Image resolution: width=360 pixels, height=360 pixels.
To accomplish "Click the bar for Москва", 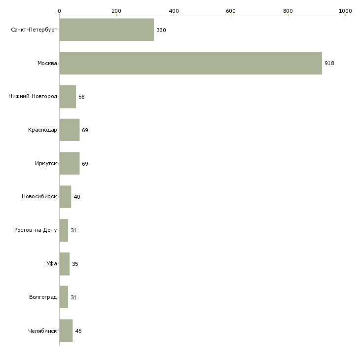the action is pos(190,63).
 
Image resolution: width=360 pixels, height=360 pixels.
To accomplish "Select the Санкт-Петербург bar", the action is pos(107,30).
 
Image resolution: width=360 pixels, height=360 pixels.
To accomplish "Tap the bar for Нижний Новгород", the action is pos(68,97).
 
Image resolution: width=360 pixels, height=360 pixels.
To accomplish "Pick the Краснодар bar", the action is pos(70,130).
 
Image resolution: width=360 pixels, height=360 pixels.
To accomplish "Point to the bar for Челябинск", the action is pos(66,330).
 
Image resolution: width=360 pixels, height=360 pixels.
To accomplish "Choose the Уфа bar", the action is pos(65,264).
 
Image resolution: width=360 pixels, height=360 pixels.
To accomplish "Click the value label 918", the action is pos(329,63).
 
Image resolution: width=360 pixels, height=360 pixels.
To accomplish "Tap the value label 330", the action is pos(161,30).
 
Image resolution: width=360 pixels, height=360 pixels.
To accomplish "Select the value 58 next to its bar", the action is pos(81,97).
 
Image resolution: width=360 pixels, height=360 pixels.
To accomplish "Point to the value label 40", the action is pos(77,197).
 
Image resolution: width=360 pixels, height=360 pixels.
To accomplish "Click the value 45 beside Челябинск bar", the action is pos(78,331).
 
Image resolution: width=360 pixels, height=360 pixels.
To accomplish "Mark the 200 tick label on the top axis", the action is pos(116,11).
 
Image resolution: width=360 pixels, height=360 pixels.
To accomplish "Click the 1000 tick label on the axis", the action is pos(345,11).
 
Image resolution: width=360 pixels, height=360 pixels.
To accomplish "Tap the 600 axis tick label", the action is pos(231,11).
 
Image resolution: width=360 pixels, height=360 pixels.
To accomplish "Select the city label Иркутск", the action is pos(46,163).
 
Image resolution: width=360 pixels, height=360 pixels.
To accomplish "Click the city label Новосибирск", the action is pos(39,197).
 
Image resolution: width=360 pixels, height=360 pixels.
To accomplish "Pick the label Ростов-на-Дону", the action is pos(36,230).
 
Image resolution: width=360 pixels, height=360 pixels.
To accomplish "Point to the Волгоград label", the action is pos(43,297).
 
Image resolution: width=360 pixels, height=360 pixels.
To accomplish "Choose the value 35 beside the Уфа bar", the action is pos(75,264).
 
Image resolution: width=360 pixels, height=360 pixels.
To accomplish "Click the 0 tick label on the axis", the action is pos(60,11).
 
